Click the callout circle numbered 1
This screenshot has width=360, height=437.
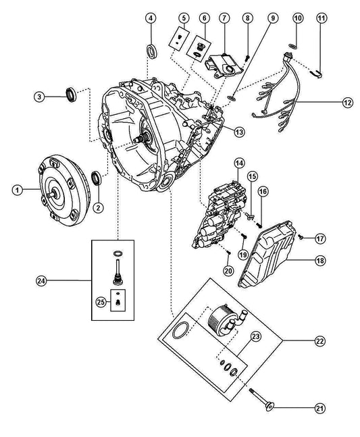coord(18,190)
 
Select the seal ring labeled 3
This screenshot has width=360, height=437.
coord(70,94)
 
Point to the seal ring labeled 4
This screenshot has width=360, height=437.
coord(152,51)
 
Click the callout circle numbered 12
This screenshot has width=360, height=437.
coord(347,102)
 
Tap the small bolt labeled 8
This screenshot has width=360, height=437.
coord(247,58)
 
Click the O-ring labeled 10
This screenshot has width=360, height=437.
coord(292,46)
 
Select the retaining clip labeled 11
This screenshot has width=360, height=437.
coord(316,74)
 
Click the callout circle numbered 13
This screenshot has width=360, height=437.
coord(239,132)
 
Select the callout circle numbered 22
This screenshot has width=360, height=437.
coord(320,340)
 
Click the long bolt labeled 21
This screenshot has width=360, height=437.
coord(261,397)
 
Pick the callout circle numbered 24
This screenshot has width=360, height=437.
coord(41,281)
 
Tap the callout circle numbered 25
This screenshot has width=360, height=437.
coord(101,301)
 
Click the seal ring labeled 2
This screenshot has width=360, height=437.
coord(97,178)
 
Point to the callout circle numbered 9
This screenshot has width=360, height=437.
coord(272,18)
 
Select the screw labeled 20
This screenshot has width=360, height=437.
coord(228,252)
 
